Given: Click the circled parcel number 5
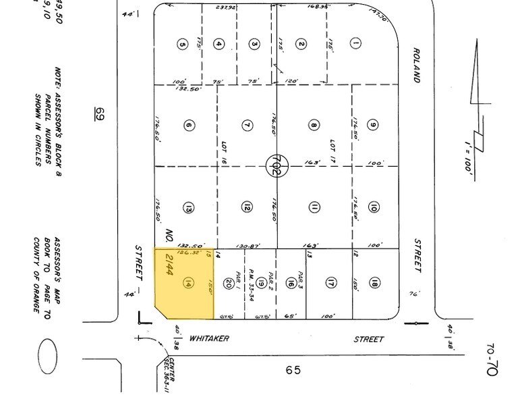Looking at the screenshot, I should point(181,45).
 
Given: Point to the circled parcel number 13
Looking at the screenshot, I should point(189,208).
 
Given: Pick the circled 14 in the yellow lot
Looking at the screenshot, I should point(187,284).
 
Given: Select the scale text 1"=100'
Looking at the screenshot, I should point(468,155).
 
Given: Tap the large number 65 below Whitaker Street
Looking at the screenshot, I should point(292,370).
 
